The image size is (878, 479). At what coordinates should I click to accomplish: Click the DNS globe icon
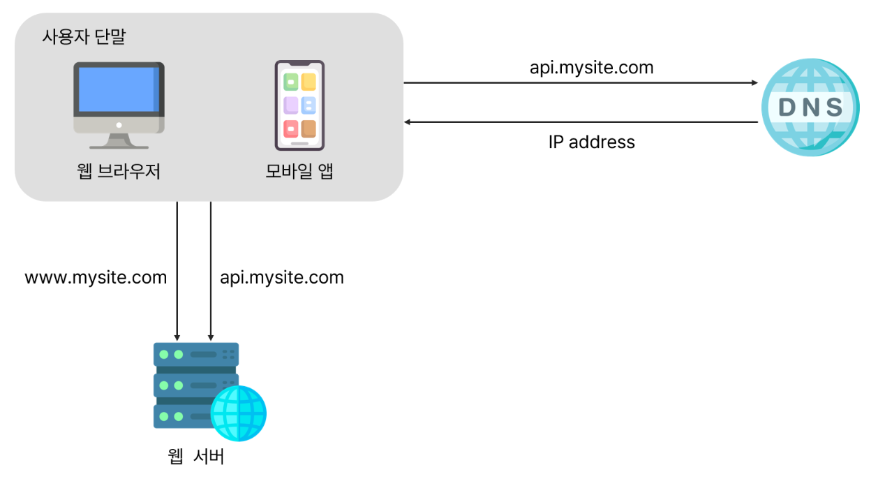810,106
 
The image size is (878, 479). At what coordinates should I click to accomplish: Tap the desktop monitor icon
119,105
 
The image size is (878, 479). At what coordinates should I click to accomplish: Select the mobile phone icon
299,105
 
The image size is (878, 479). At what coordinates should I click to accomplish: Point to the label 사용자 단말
84,37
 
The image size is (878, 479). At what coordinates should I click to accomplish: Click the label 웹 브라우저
119,171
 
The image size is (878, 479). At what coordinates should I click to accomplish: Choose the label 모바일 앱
299,171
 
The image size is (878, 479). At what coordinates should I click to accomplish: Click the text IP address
591,142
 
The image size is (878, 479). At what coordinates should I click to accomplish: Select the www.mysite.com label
96,278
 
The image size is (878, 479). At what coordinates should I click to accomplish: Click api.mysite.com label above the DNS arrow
591,68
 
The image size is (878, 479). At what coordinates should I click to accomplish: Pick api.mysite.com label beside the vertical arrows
282,278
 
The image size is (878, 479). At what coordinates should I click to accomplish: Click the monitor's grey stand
119,140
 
